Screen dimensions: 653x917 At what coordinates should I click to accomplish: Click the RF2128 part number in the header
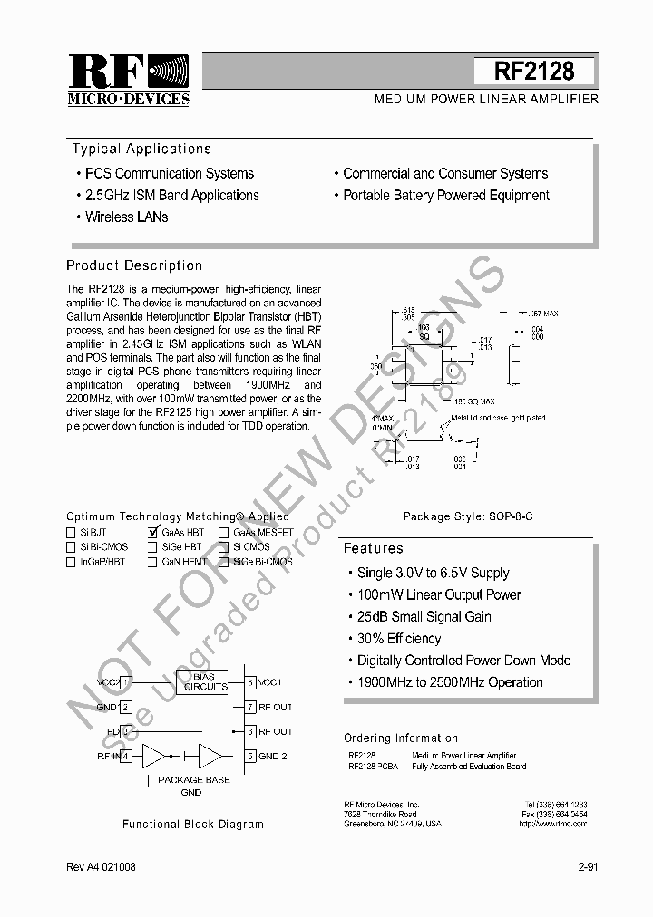[534, 71]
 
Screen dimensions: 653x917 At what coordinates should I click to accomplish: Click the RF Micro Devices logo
[128, 80]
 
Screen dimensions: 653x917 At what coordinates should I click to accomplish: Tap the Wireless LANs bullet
[126, 217]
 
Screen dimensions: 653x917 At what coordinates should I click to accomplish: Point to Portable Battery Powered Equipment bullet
[445, 196]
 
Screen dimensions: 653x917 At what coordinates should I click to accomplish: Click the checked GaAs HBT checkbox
[153, 534]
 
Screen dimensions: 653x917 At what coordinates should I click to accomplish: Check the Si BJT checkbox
[71, 534]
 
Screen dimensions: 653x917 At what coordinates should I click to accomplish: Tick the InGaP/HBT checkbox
[71, 562]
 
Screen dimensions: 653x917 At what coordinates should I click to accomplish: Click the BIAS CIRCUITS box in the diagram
[206, 681]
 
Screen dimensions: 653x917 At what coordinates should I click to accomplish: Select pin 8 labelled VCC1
[249, 681]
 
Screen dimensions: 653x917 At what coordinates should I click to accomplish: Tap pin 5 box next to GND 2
[249, 756]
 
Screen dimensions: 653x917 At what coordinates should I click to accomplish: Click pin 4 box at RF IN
[126, 756]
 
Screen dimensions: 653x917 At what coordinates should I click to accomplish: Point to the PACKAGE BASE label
[193, 779]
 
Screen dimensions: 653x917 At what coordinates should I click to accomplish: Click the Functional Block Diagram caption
[193, 825]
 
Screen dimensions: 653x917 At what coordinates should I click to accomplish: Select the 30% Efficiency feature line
[399, 639]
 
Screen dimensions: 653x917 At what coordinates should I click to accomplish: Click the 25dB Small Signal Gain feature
[424, 617]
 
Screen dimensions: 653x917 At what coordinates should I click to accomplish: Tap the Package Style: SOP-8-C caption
[468, 516]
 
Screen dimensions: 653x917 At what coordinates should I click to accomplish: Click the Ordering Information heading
[401, 738]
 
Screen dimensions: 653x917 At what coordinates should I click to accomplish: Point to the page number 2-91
[588, 867]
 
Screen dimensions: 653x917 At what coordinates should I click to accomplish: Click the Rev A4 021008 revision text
[101, 867]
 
